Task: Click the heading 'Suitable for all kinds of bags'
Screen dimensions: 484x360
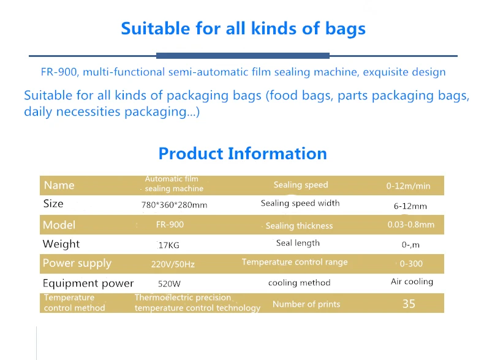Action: (x=243, y=29)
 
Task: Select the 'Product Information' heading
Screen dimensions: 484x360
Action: (x=243, y=154)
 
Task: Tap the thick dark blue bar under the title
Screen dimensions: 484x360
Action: (x=243, y=56)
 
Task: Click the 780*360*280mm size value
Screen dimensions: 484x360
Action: (x=174, y=205)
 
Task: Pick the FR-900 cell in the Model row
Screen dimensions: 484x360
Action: (x=170, y=224)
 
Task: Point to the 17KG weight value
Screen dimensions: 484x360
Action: (x=169, y=246)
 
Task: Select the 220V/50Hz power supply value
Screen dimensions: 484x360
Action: (x=173, y=264)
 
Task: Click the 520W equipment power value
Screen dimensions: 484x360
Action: (x=169, y=284)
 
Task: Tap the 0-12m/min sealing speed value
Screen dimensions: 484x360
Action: (x=408, y=186)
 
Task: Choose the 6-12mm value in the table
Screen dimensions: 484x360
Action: (x=410, y=206)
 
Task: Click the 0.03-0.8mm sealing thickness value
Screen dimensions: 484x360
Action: (x=411, y=225)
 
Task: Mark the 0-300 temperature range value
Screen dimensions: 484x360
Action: (x=411, y=264)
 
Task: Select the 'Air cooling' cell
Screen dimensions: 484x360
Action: (x=412, y=282)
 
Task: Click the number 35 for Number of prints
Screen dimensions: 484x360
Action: (x=409, y=304)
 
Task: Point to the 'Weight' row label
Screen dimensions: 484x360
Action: (x=61, y=244)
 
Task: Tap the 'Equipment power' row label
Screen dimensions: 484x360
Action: (x=88, y=283)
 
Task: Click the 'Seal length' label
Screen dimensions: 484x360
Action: (x=298, y=243)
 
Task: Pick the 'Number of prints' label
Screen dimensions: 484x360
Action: (x=306, y=304)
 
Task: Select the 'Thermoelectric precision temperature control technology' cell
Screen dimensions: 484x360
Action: (x=197, y=302)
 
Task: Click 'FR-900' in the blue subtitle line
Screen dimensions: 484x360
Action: (x=59, y=72)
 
